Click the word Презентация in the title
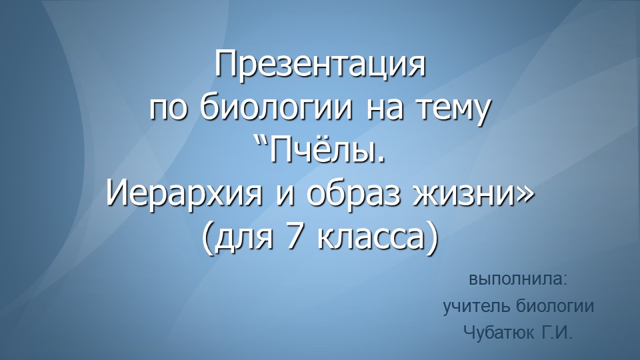320,67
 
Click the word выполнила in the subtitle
517,279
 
